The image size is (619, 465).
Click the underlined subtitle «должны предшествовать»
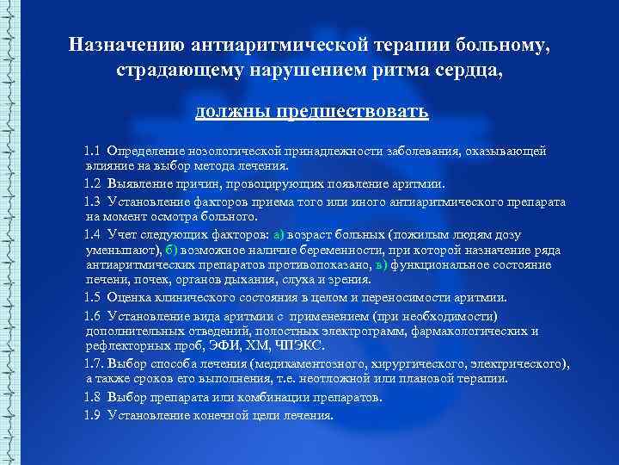tap(311, 112)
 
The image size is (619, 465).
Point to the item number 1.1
tap(93, 152)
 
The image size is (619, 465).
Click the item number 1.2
tap(93, 183)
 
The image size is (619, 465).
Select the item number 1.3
tap(93, 201)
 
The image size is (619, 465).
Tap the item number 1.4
tap(93, 233)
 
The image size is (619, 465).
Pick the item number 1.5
tap(93, 298)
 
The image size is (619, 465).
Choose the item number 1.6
tap(93, 315)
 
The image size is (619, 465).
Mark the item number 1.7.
tap(95, 364)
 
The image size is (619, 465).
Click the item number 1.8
tap(93, 397)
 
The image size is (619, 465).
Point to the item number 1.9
tap(93, 414)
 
